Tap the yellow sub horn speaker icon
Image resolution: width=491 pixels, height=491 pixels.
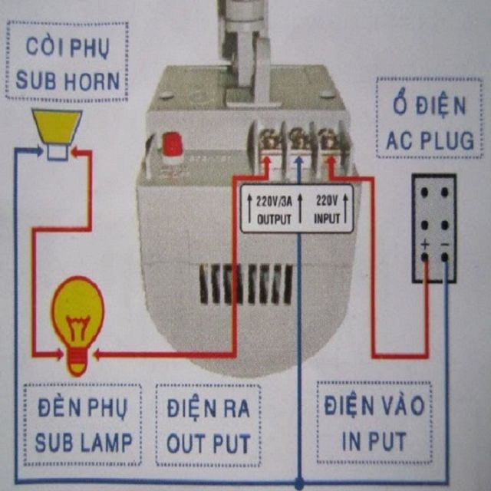pos(57,132)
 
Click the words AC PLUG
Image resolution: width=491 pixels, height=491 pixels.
pos(430,140)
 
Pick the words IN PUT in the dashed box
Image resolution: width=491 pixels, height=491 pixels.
pos(374,441)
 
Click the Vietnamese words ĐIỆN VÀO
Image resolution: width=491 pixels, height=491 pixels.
pos(374,406)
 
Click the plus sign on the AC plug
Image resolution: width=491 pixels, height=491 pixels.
pos(424,245)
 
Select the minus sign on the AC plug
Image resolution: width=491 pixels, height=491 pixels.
pos(445,245)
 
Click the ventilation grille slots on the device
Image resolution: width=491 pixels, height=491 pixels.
pos(245,284)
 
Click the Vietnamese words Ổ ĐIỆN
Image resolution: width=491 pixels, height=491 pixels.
pos(430,106)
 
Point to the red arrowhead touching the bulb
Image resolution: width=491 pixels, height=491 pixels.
pos(101,354)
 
